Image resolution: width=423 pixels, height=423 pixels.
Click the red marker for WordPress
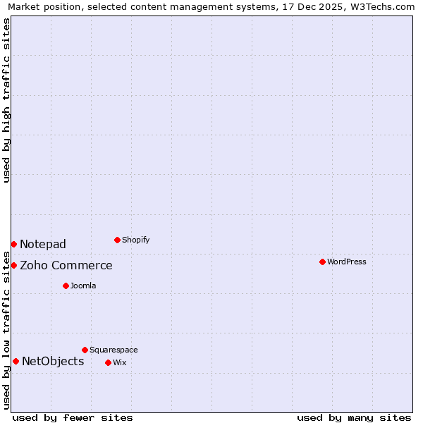pyautogui.click(x=322, y=262)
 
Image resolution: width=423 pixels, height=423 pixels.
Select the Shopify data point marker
pyautogui.click(x=117, y=240)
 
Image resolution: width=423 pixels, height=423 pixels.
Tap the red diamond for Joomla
pyautogui.click(x=66, y=286)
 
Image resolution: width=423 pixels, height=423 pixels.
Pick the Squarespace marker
pyautogui.click(x=85, y=350)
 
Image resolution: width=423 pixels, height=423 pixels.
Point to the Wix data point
pyautogui.click(x=108, y=362)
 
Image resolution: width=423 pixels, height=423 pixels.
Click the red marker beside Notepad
pyautogui.click(x=13, y=244)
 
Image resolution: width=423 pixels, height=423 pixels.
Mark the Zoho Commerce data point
pyautogui.click(x=13, y=265)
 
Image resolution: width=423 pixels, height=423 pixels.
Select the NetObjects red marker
pyautogui.click(x=16, y=361)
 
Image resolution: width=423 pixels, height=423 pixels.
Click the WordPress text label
pyautogui.click(x=347, y=262)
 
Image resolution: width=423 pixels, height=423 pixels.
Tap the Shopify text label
pyautogui.click(x=136, y=240)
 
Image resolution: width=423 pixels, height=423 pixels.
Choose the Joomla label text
pyautogui.click(x=83, y=286)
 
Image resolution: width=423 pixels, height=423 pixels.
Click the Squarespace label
pyautogui.click(x=114, y=350)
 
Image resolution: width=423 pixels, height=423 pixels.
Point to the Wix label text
pyautogui.click(x=119, y=362)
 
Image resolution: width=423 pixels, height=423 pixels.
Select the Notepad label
pyautogui.click(x=43, y=244)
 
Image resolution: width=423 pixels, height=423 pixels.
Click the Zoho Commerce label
pyautogui.click(x=66, y=265)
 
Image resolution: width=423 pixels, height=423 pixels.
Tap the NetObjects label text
pyautogui.click(x=53, y=361)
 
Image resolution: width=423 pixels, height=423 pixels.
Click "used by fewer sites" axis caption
pyautogui.click(x=73, y=417)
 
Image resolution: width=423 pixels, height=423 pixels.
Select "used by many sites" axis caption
pyautogui.click(x=354, y=417)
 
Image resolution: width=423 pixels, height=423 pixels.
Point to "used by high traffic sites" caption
pyautogui.click(x=6, y=101)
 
